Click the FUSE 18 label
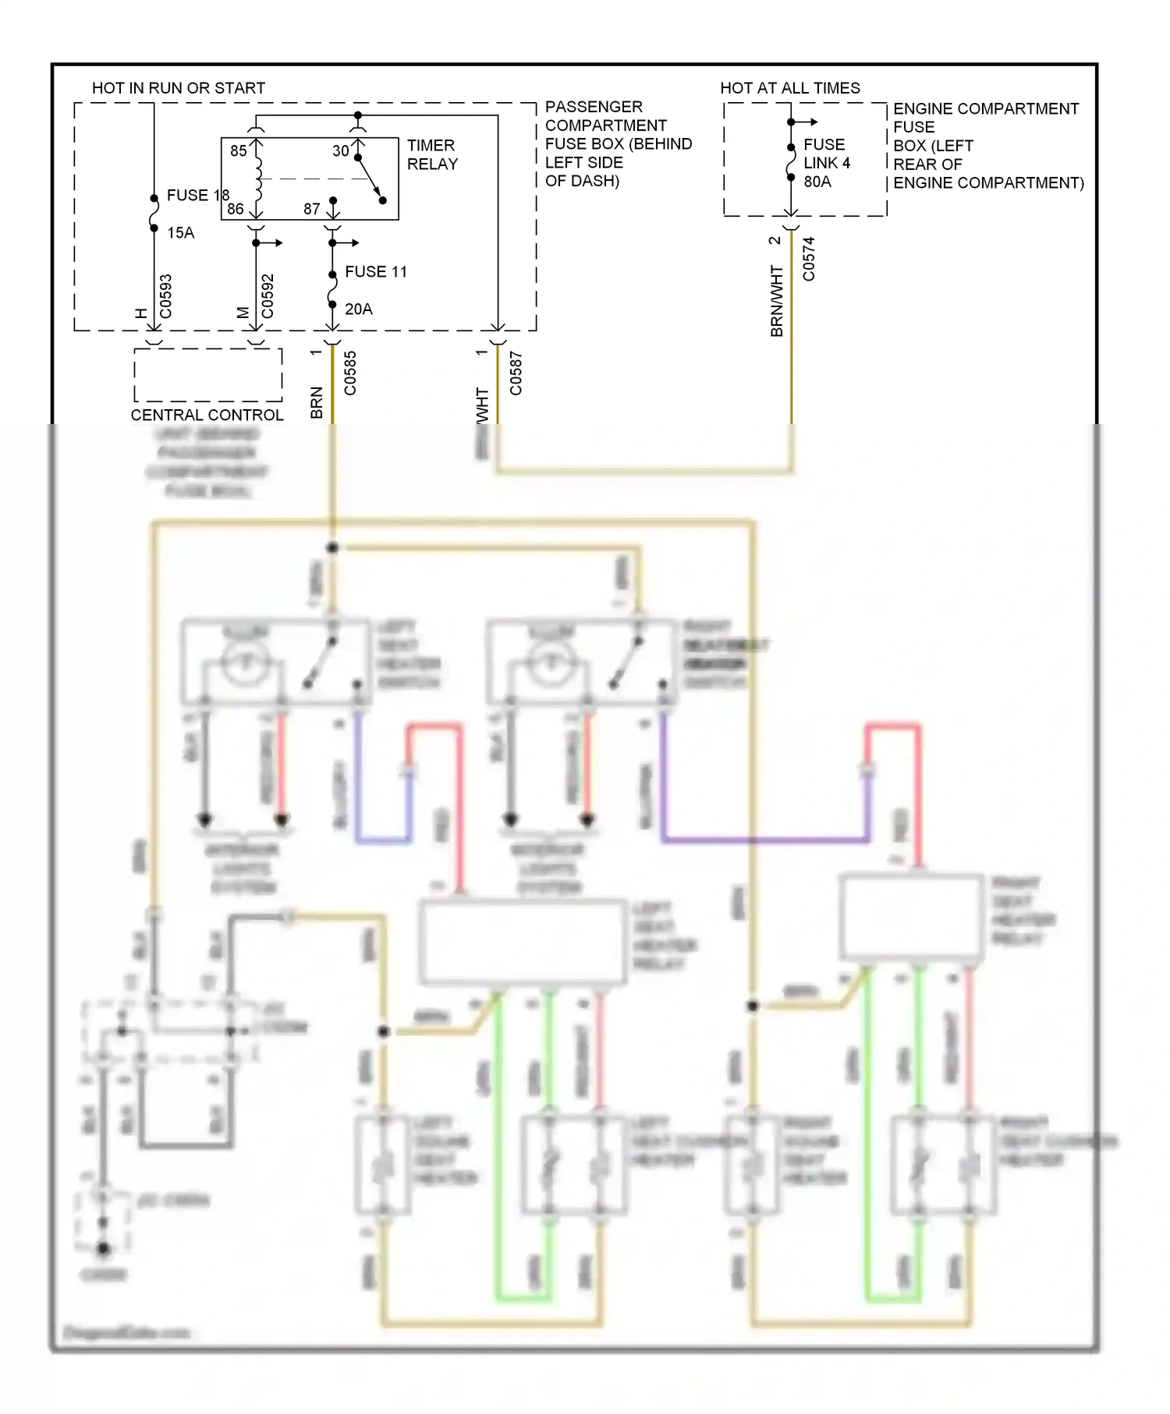pyautogui.click(x=197, y=196)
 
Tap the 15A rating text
pyautogui.click(x=180, y=233)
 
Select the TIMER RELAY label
pyautogui.click(x=432, y=155)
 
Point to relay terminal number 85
pyautogui.click(x=239, y=151)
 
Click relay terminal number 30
pyautogui.click(x=341, y=151)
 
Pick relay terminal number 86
pyautogui.click(x=236, y=209)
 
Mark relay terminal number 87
pyautogui.click(x=312, y=209)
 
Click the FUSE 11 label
pyautogui.click(x=375, y=272)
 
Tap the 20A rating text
pyautogui.click(x=358, y=309)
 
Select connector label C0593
pyautogui.click(x=165, y=296)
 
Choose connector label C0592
pyautogui.click(x=268, y=296)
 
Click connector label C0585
pyautogui.click(x=350, y=373)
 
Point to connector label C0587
pyautogui.click(x=516, y=373)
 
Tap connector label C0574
pyautogui.click(x=809, y=259)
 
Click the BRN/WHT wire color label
pyautogui.click(x=777, y=301)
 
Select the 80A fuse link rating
pyautogui.click(x=817, y=182)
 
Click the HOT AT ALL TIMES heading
pyautogui.click(x=789, y=88)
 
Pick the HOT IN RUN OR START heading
pyautogui.click(x=179, y=88)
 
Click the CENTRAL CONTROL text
pyautogui.click(x=207, y=415)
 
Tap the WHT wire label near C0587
pyautogui.click(x=483, y=405)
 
